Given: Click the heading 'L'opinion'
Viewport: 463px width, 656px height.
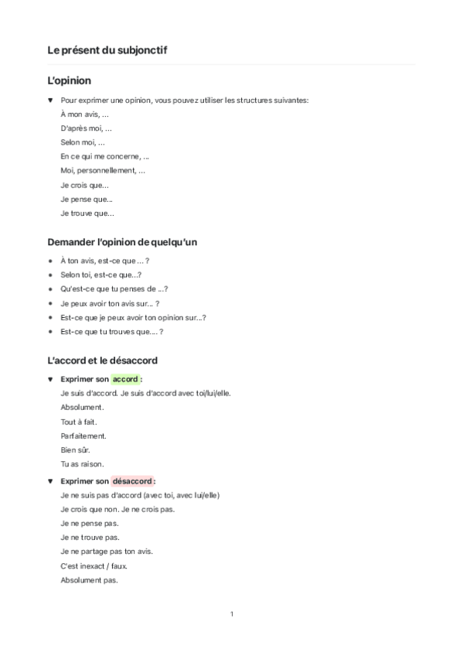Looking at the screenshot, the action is [70, 80].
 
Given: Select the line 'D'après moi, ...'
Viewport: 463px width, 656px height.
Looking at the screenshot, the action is [86, 128].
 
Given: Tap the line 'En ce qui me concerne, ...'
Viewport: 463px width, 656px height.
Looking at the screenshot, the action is [104, 156].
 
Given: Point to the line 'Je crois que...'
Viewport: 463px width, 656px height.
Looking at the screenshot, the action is [84, 185].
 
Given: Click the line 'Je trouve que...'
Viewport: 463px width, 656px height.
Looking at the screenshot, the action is [87, 213].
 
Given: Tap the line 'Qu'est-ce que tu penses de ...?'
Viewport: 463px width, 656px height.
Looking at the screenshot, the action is [114, 289].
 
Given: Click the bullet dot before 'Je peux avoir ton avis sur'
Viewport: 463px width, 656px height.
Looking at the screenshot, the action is [50, 304].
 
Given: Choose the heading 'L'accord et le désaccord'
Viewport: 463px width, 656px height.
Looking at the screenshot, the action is [104, 360].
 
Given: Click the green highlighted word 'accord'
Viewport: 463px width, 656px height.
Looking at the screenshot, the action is [125, 380].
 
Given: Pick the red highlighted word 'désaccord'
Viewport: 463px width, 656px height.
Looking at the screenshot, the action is [131, 481].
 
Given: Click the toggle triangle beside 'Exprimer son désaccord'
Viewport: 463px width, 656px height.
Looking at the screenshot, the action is [50, 481].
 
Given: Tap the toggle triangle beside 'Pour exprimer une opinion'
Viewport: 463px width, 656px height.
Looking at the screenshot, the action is [50, 101].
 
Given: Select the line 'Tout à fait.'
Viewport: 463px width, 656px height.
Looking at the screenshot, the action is [78, 422].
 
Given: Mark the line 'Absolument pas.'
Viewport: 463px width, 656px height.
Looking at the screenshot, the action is [89, 579].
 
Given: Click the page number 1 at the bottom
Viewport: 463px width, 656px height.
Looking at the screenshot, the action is [232, 614].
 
